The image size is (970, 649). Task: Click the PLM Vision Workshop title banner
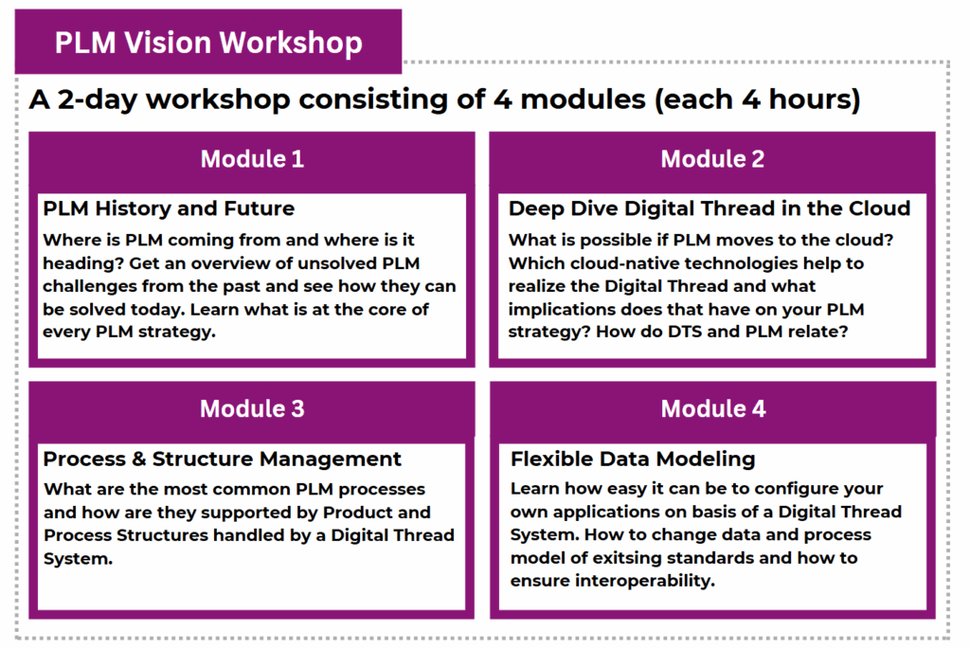208,42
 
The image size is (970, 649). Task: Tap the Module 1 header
252,159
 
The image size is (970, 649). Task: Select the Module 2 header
712,159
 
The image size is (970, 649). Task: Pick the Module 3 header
252,409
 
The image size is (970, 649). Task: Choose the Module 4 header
713,409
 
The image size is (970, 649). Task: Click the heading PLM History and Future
169,208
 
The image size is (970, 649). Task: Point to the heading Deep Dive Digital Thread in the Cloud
710,208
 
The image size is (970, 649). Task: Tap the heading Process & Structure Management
223,460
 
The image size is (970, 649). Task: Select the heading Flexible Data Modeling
633,460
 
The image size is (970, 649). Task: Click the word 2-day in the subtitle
97,99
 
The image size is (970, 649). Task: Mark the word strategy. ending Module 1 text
177,333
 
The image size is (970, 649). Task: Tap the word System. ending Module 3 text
78,559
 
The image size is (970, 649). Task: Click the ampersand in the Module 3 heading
139,460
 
